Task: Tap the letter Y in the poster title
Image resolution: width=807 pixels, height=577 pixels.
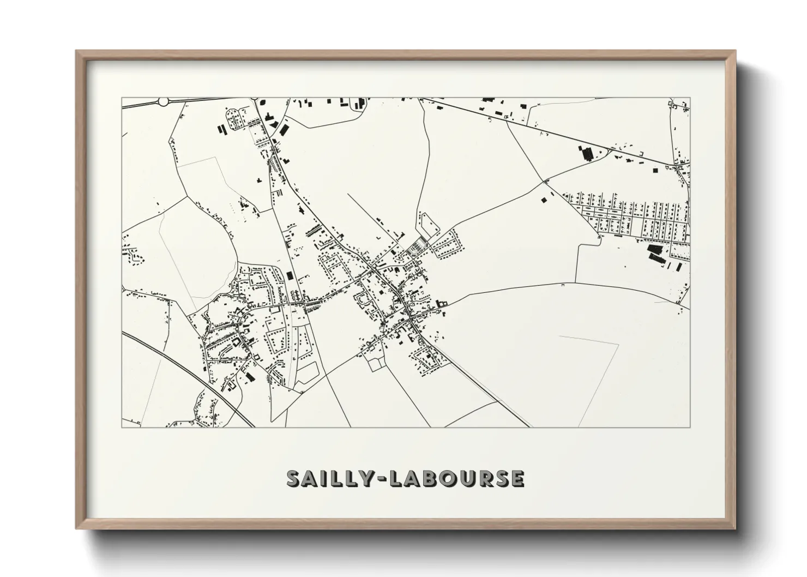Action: (363, 478)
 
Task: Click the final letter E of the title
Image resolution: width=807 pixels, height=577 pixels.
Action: (516, 478)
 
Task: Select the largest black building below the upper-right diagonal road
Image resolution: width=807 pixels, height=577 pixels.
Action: (588, 153)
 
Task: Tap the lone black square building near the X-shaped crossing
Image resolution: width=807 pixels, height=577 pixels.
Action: (544, 200)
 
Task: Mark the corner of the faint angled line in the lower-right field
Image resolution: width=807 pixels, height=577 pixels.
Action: (618, 344)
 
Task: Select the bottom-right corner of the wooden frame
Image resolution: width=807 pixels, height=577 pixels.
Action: (734, 528)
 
